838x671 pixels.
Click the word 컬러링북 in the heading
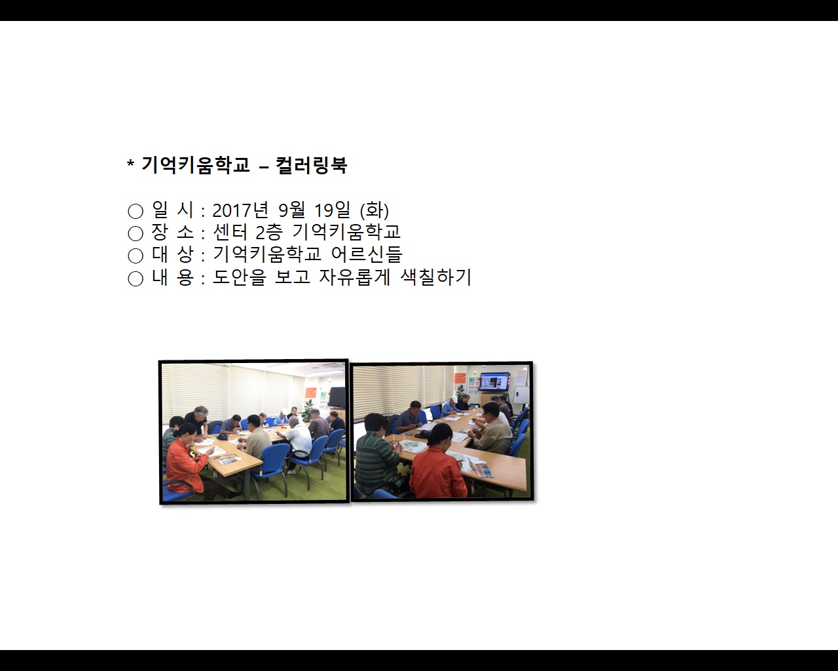(x=311, y=165)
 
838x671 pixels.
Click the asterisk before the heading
(x=130, y=163)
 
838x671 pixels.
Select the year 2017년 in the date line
(x=241, y=210)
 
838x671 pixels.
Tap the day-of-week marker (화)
(x=374, y=210)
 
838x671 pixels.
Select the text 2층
(x=268, y=232)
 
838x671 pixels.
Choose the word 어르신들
(x=367, y=254)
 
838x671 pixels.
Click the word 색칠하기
(x=436, y=277)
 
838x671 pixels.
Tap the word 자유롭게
(x=354, y=277)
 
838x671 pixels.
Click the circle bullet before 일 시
(x=135, y=211)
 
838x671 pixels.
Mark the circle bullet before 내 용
(x=135, y=278)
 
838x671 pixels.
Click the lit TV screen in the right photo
(x=494, y=381)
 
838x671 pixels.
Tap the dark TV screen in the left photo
(x=337, y=397)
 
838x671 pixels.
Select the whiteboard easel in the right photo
(x=521, y=396)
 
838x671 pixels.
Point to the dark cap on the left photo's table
(x=223, y=436)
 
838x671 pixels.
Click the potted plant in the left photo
(x=309, y=409)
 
